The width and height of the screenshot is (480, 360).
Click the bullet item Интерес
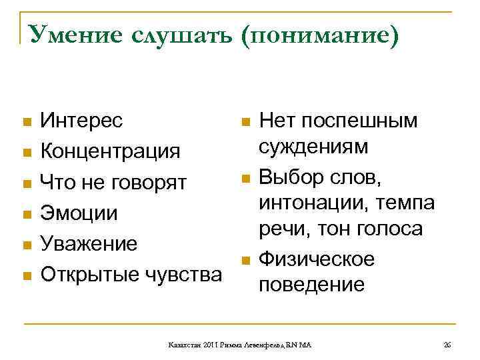pos(81,121)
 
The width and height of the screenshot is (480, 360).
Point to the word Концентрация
pos(110,152)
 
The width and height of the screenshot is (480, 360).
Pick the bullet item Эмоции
pos(79,213)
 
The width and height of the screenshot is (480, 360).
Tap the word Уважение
pos(89,244)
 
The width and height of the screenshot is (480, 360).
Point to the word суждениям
pos(313,147)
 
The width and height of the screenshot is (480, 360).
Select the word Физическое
pos(317,259)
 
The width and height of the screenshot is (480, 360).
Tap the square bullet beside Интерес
pos(27,123)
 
